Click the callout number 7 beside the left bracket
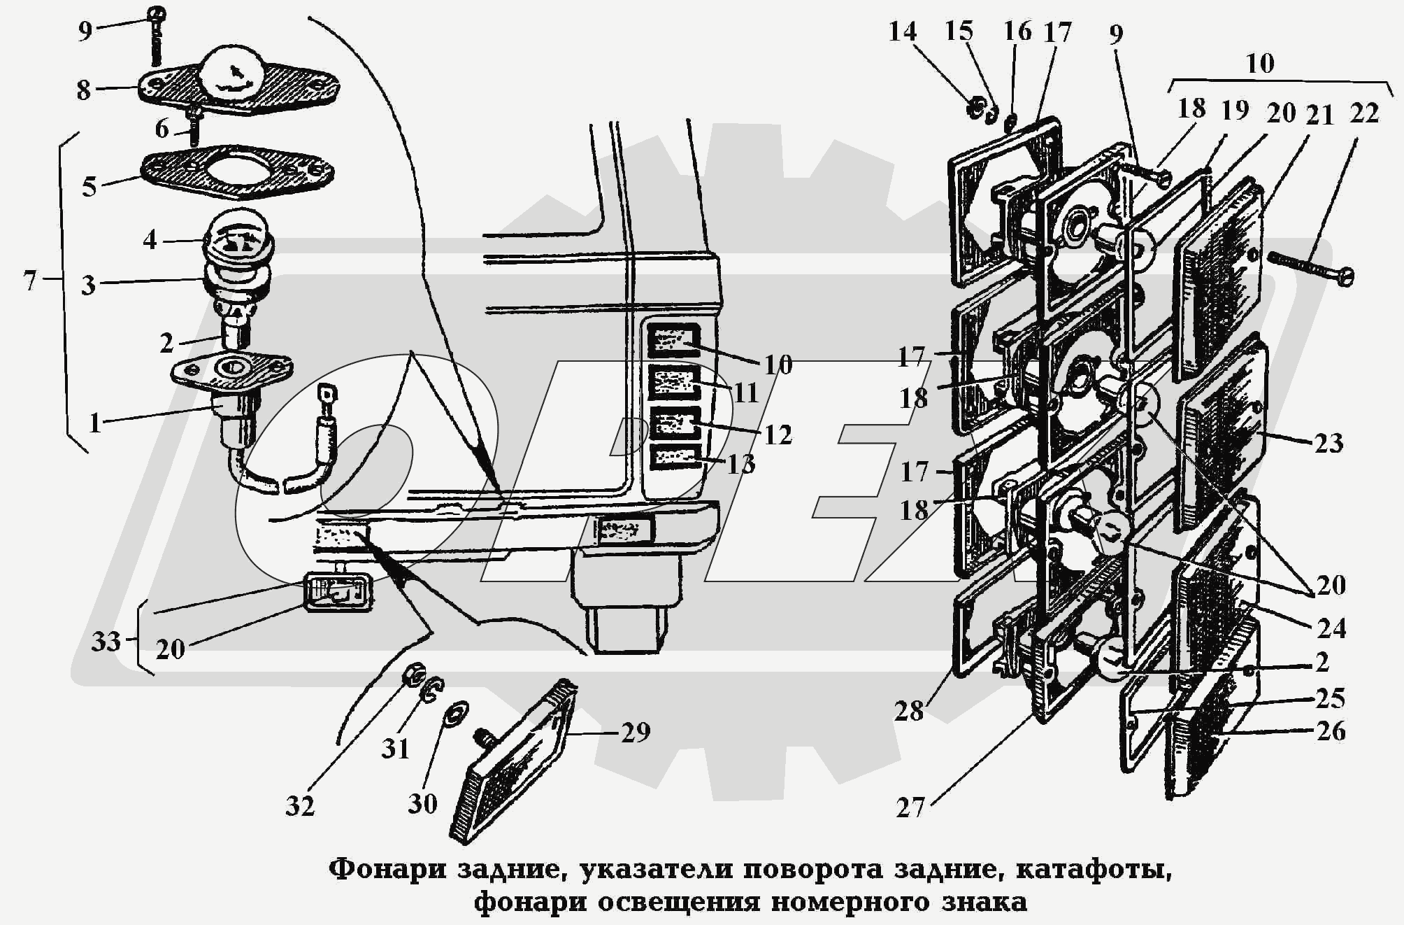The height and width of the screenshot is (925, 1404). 29,281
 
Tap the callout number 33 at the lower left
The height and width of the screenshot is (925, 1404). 106,641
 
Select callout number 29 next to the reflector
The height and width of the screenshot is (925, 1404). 635,732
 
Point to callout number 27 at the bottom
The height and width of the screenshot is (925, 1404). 910,808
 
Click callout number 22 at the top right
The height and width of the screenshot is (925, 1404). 1363,113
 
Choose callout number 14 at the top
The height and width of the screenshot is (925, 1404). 903,31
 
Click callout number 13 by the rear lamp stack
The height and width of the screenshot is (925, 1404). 740,463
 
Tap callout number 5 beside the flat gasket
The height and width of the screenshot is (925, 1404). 89,187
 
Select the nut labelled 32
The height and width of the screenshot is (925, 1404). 414,675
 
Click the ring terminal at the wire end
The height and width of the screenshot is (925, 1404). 327,394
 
